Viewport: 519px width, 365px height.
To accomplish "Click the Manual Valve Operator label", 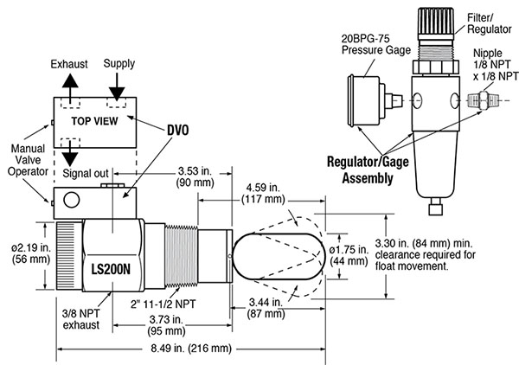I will pyautogui.click(x=28, y=160).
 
